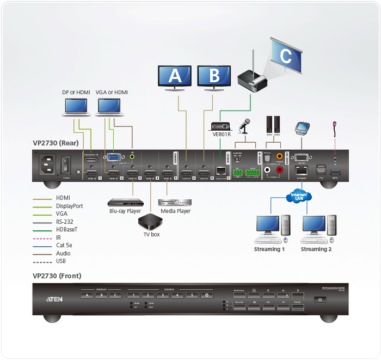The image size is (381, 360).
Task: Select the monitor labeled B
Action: pyautogui.click(x=213, y=76)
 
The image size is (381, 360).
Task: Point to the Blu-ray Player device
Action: pyautogui.click(x=124, y=201)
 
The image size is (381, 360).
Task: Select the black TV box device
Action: pyautogui.click(x=148, y=222)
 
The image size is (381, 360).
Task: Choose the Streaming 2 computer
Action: pyautogui.click(x=315, y=229)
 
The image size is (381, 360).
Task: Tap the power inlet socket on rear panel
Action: pyautogui.click(x=46, y=163)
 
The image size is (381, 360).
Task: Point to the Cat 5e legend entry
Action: pyautogui.click(x=65, y=245)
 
